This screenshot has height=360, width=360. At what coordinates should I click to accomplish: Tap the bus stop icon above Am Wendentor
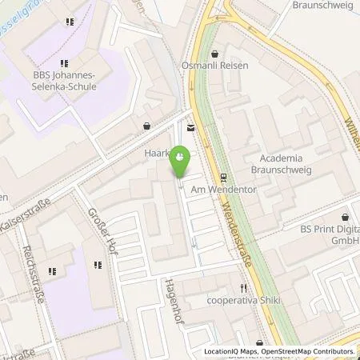pos(224,179)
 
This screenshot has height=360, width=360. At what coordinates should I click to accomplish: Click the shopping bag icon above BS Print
pos(346,217)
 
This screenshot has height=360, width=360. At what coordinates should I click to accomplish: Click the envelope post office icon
pos(190,127)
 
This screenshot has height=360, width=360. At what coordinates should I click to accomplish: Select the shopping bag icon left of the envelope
pos(146,126)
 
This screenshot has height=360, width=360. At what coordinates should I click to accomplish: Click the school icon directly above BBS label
pos(63,62)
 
